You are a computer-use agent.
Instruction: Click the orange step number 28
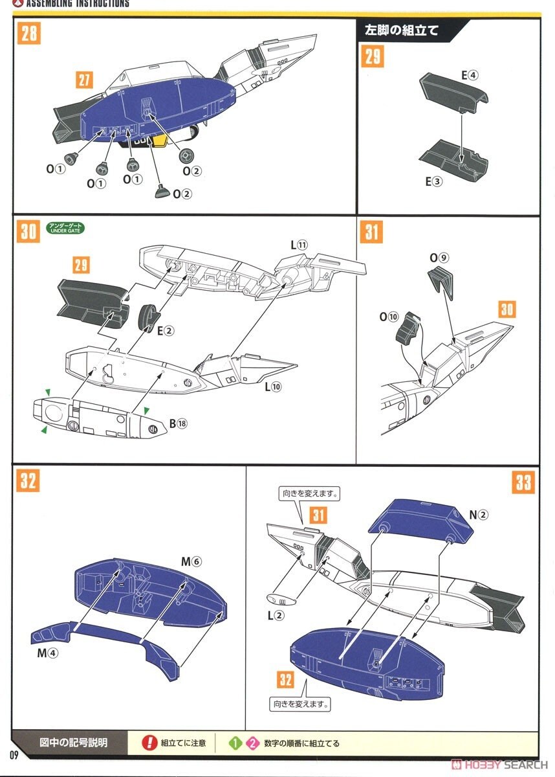(29, 34)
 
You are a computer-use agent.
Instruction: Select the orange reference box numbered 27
(84, 80)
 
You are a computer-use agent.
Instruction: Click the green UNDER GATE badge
(65, 227)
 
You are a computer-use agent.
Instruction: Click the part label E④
(470, 75)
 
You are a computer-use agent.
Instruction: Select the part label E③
(433, 181)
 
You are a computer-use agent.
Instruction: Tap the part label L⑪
(299, 245)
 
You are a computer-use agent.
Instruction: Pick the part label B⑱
(177, 423)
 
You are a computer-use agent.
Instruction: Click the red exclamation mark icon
(149, 743)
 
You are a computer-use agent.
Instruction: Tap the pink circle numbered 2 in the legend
(252, 743)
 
